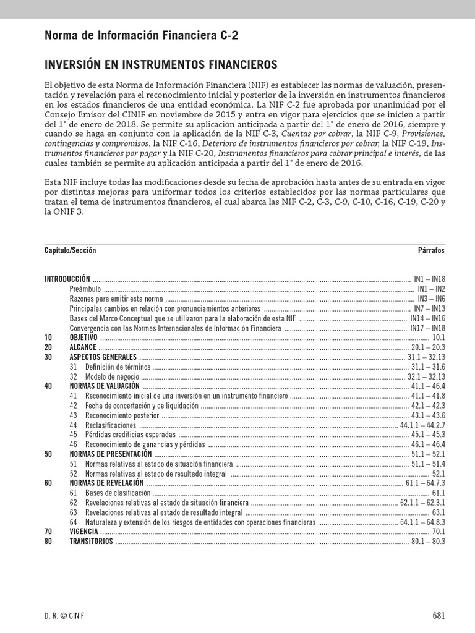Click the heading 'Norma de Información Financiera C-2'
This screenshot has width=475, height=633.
tap(141, 36)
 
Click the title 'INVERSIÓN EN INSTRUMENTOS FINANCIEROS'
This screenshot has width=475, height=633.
tap(161, 65)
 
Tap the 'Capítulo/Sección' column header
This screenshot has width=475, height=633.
tap(70, 251)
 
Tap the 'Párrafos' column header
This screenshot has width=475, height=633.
tap(431, 251)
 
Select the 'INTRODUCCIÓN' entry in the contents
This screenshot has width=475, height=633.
tap(67, 279)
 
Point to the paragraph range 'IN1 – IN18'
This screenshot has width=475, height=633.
tap(429, 279)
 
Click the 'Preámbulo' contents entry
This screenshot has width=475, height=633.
tap(85, 289)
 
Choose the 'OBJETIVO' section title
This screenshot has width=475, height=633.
tap(83, 338)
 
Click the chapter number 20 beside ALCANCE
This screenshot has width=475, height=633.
tap(48, 347)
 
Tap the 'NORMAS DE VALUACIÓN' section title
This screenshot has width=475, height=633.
tap(105, 386)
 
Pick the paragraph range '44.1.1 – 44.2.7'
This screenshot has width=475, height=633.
tap(422, 425)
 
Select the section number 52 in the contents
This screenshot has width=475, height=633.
tap(74, 474)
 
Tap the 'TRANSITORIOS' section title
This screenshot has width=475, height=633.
tap(92, 541)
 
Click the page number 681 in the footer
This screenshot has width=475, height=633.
tap(438, 616)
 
